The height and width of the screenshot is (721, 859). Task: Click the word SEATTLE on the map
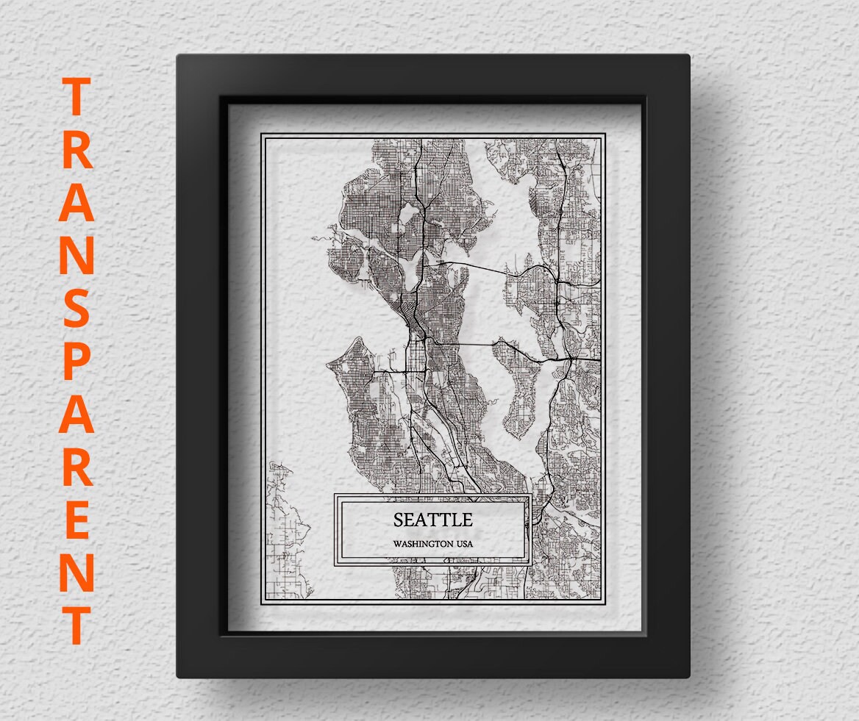432,520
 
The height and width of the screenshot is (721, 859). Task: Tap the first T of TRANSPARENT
76,96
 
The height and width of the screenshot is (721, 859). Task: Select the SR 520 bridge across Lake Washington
478,267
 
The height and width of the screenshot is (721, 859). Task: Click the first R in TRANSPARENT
76,150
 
